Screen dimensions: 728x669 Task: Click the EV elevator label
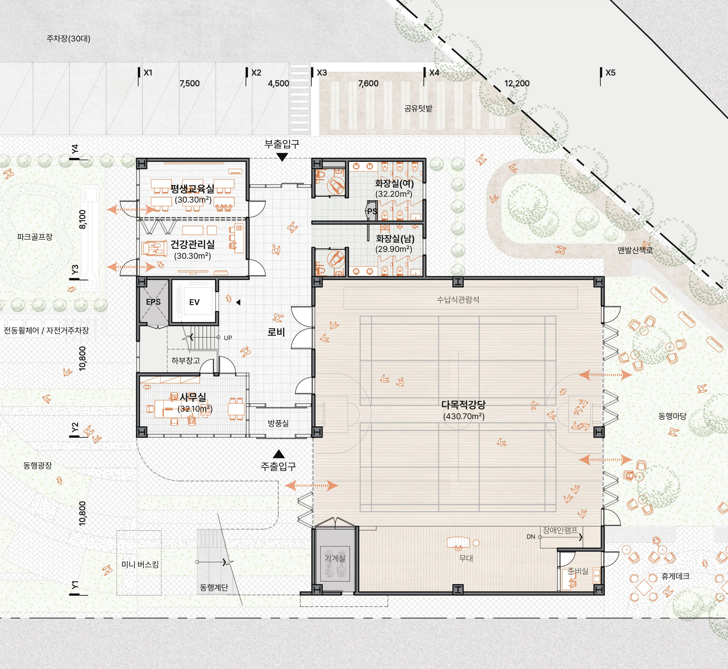click(x=194, y=302)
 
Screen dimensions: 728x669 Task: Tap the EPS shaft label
click(x=153, y=302)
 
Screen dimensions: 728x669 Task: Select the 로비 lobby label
click(x=276, y=332)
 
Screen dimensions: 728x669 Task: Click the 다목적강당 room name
click(x=463, y=405)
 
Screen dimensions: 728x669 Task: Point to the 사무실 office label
click(x=193, y=397)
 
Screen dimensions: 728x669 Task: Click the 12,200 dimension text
click(x=517, y=83)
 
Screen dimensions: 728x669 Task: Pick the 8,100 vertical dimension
click(x=83, y=219)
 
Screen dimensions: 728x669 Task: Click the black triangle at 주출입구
click(x=278, y=454)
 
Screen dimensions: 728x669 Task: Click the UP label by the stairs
click(x=228, y=338)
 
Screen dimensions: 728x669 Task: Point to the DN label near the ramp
click(x=530, y=536)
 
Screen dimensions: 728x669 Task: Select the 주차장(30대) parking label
click(x=69, y=38)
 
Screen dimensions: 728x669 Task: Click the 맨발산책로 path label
click(x=635, y=250)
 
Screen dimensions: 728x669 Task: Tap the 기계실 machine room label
click(x=335, y=558)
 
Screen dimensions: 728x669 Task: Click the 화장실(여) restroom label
click(x=394, y=184)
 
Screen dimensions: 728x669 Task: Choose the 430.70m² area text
click(x=464, y=416)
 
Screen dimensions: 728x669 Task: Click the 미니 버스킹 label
click(x=140, y=564)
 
